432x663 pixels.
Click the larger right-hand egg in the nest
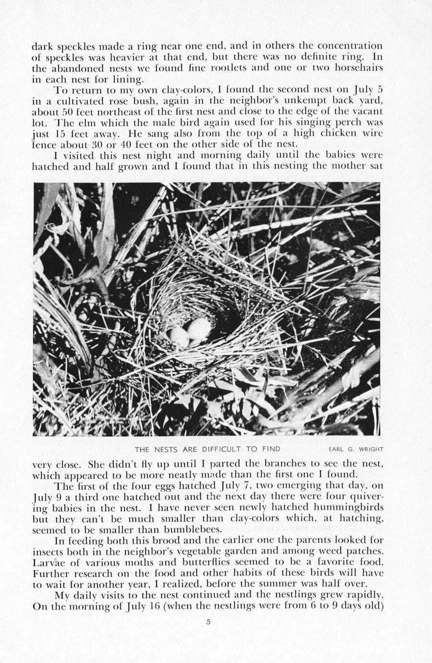click(198, 329)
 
